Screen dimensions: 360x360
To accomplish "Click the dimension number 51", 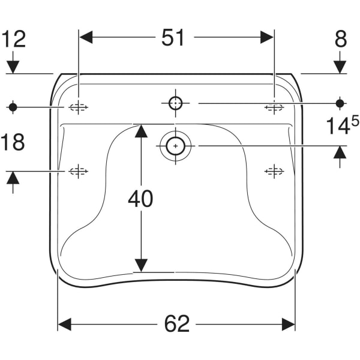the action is coord(173,38).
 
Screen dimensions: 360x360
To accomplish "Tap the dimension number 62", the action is coord(177,323).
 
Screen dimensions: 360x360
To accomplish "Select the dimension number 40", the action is coord(140,199).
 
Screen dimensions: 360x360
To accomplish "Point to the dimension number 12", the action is coord(14,40).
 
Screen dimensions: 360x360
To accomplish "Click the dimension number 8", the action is coord(341,40).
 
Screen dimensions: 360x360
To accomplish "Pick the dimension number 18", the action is coord(13,142).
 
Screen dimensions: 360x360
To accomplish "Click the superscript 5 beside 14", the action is coord(355,121).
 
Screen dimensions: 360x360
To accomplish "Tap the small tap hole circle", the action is coord(176,103).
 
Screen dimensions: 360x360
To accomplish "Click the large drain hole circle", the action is coord(176,146).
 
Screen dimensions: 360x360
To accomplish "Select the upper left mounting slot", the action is coord(78,107).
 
